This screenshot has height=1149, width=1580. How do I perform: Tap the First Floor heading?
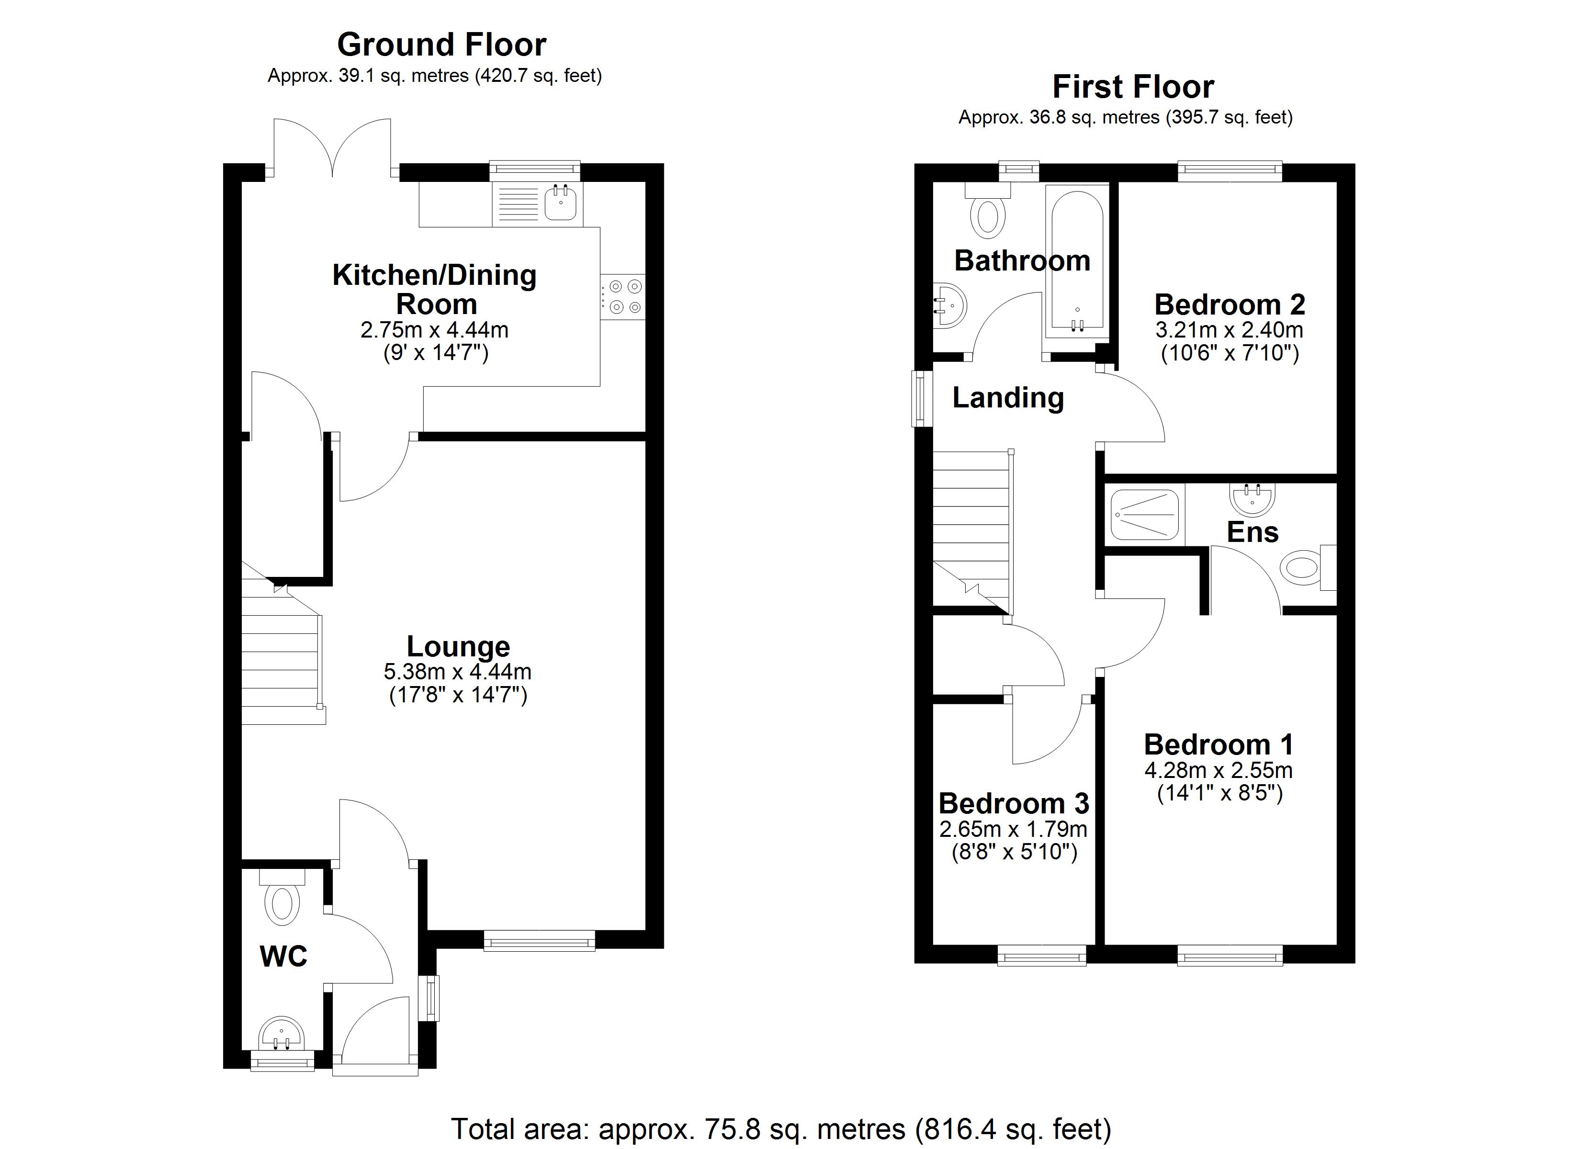1133,87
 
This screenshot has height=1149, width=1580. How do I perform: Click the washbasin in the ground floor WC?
282,1033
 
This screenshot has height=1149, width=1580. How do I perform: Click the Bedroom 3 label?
1014,803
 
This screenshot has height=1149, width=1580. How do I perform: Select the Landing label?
1008,398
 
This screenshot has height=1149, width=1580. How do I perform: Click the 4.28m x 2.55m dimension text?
1219,771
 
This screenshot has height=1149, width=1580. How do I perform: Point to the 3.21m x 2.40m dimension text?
1229,329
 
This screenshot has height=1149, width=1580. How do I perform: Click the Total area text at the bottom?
781,1129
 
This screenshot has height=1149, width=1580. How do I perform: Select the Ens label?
1253,532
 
